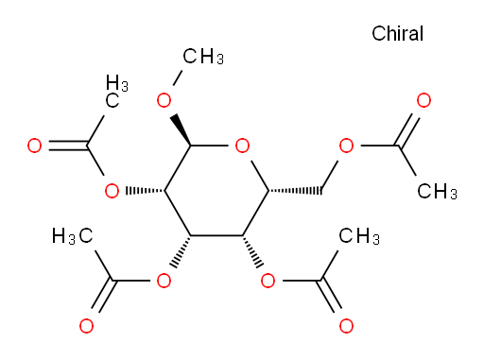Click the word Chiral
[x=397, y=33]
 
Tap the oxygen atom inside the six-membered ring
[x=242, y=146]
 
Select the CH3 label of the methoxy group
[x=203, y=57]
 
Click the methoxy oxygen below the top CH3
[x=164, y=100]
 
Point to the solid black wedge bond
[x=181, y=130]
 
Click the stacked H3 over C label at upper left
[x=117, y=92]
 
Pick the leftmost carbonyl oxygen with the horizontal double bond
[x=34, y=146]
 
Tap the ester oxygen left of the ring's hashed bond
[x=112, y=191]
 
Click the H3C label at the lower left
[x=73, y=236]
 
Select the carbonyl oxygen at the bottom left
[x=86, y=326]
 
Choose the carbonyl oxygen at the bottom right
[x=346, y=326]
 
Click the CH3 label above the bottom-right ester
[x=359, y=236]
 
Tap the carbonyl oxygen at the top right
[x=423, y=100]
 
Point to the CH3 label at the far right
[x=437, y=191]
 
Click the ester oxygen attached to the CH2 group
[x=346, y=146]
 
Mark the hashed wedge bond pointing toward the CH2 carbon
[x=295, y=191]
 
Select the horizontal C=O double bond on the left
[x=68, y=146]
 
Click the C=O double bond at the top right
[x=408, y=129]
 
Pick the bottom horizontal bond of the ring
[x=216, y=235]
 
